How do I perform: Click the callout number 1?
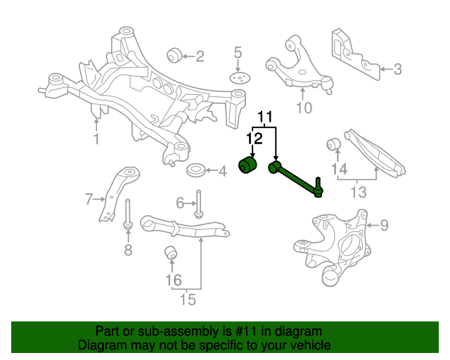pyautogui.click(x=96, y=139)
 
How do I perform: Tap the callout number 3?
pyautogui.click(x=397, y=69)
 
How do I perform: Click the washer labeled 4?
pyautogui.click(x=195, y=170)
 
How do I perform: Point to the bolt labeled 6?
pyautogui.click(x=198, y=203)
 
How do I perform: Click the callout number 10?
pyautogui.click(x=303, y=108)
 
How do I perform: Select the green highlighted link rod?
pyautogui.click(x=295, y=177)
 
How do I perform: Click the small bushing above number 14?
pyautogui.click(x=335, y=146)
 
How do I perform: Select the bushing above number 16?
pyautogui.click(x=171, y=252)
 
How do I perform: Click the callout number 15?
pyautogui.click(x=186, y=300)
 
